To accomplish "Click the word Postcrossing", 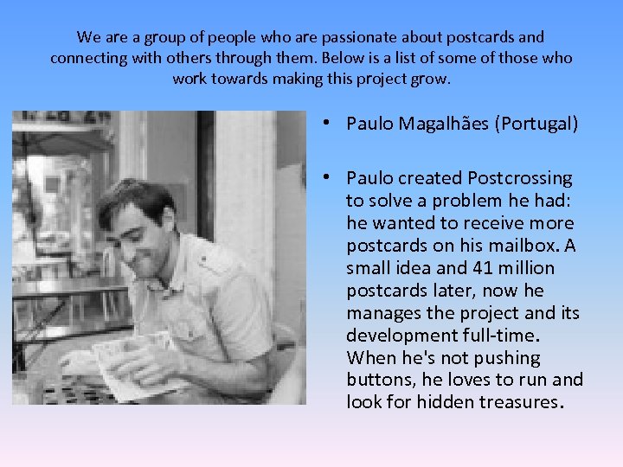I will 519,178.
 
